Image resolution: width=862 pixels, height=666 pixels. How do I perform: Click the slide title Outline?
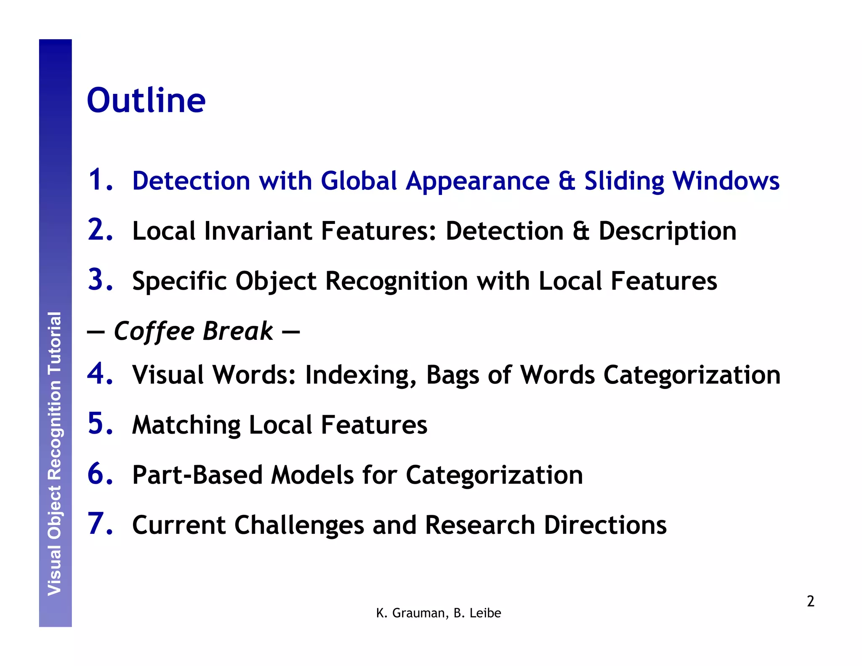pyautogui.click(x=146, y=101)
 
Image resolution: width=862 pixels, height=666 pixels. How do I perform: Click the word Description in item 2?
pyautogui.click(x=667, y=232)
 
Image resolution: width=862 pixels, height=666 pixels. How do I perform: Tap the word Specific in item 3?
pyautogui.click(x=179, y=281)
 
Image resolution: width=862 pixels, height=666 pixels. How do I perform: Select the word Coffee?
pyautogui.click(x=154, y=331)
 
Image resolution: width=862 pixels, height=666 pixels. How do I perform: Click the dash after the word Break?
pyautogui.click(x=291, y=332)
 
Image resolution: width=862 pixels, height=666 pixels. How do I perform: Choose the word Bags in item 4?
pyautogui.click(x=452, y=375)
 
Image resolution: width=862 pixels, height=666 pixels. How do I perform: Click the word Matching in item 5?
pyautogui.click(x=186, y=425)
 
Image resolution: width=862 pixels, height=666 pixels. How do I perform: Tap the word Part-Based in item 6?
pyautogui.click(x=197, y=475)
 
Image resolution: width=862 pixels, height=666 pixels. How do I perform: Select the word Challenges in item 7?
pyautogui.click(x=299, y=525)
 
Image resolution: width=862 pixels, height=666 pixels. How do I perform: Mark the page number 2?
pyautogui.click(x=810, y=601)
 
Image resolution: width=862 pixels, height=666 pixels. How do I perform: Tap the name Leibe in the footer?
pyautogui.click(x=485, y=613)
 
